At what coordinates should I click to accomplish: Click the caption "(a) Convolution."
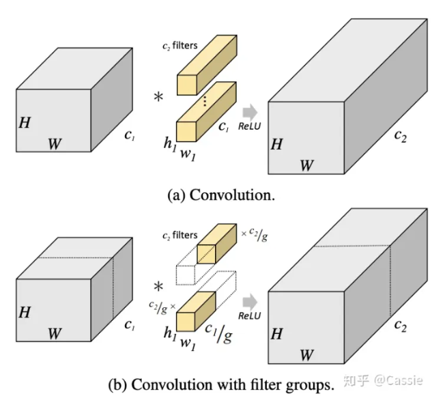(221, 195)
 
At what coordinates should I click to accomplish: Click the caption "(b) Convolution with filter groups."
(221, 384)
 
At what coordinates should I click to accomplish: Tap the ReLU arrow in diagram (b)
(250, 300)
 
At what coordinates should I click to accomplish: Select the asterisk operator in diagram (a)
(158, 98)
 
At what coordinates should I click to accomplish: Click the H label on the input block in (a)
(25, 123)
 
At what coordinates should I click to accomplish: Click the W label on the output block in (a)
(307, 165)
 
